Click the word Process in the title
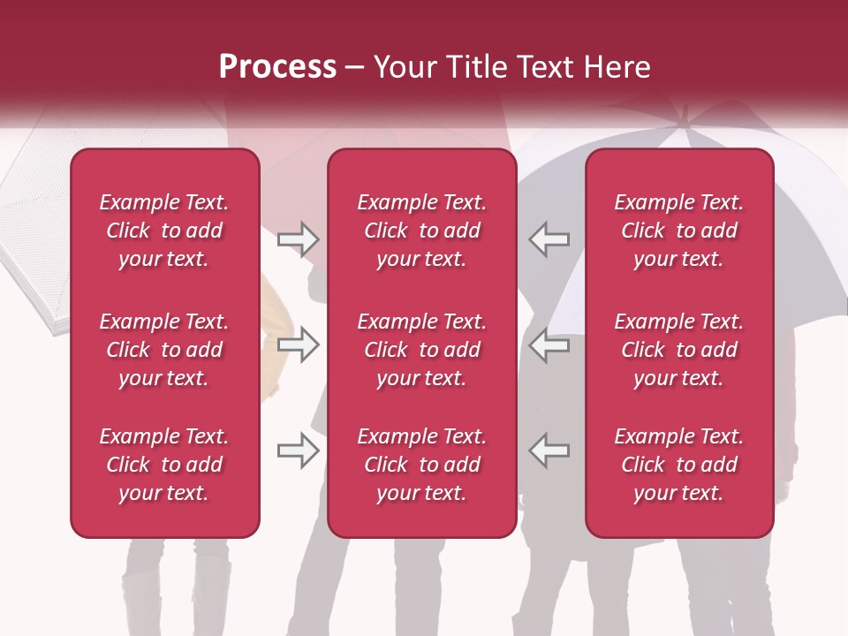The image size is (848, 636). click(x=277, y=67)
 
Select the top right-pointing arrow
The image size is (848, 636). click(x=298, y=239)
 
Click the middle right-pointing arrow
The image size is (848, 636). click(x=298, y=344)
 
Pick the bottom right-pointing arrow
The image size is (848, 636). click(x=298, y=450)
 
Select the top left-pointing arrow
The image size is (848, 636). click(x=549, y=239)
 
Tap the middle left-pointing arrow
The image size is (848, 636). click(x=549, y=344)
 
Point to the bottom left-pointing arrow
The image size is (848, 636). click(x=549, y=450)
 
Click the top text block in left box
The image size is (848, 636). click(x=164, y=231)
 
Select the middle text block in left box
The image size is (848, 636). click(x=164, y=350)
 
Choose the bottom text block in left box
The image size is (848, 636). click(x=164, y=465)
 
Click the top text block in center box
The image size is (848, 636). click(x=421, y=231)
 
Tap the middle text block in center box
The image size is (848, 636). click(x=421, y=350)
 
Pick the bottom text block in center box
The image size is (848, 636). click(x=421, y=465)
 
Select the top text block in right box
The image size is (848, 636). click(x=678, y=231)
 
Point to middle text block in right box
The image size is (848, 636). click(x=678, y=350)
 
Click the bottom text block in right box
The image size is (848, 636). click(x=678, y=465)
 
